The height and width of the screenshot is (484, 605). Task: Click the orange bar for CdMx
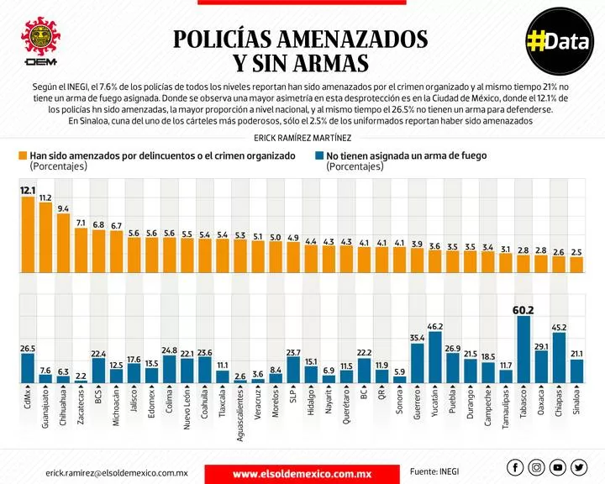click(x=28, y=234)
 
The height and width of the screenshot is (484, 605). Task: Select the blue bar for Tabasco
click(x=523, y=350)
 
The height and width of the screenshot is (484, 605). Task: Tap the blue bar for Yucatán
click(x=435, y=357)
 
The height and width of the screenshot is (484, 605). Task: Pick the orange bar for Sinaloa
click(x=576, y=265)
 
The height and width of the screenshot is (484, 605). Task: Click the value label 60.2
click(x=523, y=310)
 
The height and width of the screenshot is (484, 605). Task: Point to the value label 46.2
click(x=435, y=327)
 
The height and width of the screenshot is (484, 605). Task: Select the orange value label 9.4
click(x=63, y=208)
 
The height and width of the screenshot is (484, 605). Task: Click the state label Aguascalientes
click(x=240, y=415)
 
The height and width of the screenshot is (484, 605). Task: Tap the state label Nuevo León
click(x=187, y=408)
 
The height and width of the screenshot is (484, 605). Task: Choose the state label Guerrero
click(x=417, y=404)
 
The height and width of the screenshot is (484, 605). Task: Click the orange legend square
click(x=23, y=156)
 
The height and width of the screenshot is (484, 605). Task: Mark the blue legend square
click(x=319, y=156)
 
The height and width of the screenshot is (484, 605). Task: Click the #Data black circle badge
click(x=560, y=41)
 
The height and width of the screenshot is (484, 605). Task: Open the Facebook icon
click(x=515, y=467)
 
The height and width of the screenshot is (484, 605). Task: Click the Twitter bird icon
click(x=579, y=467)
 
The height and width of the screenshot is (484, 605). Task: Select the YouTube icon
click(x=558, y=467)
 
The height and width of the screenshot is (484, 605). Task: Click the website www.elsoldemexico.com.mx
click(x=302, y=474)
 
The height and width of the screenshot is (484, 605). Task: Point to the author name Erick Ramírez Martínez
click(x=302, y=138)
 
